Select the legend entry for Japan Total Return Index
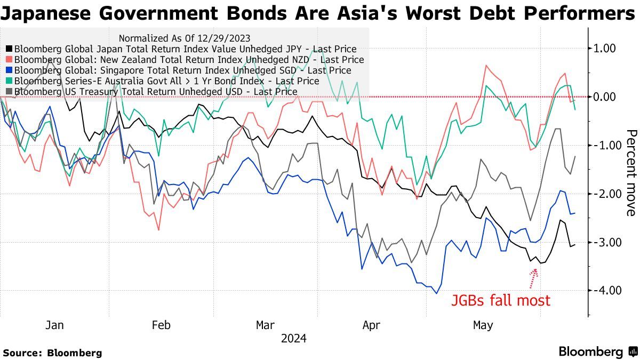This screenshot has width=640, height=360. point(181,49)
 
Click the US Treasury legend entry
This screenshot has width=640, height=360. point(155,92)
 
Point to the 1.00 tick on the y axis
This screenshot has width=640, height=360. point(605,49)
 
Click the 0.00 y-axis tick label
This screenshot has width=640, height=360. point(605,97)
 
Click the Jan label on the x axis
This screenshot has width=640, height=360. point(54,325)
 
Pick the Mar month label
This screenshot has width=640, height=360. point(265,325)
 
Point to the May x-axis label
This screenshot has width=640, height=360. point(483,325)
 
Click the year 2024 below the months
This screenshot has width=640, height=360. point(294,339)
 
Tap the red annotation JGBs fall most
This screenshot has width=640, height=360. point(500,300)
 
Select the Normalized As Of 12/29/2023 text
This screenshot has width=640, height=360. point(185,38)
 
